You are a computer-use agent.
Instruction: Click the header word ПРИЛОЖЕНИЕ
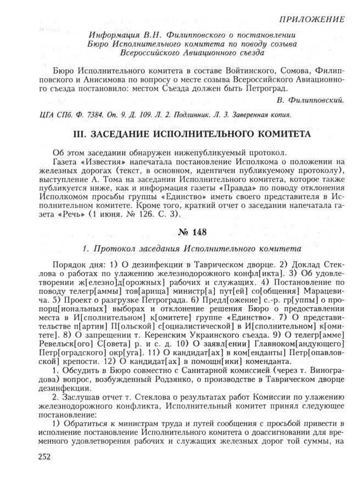coord(311,20)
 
